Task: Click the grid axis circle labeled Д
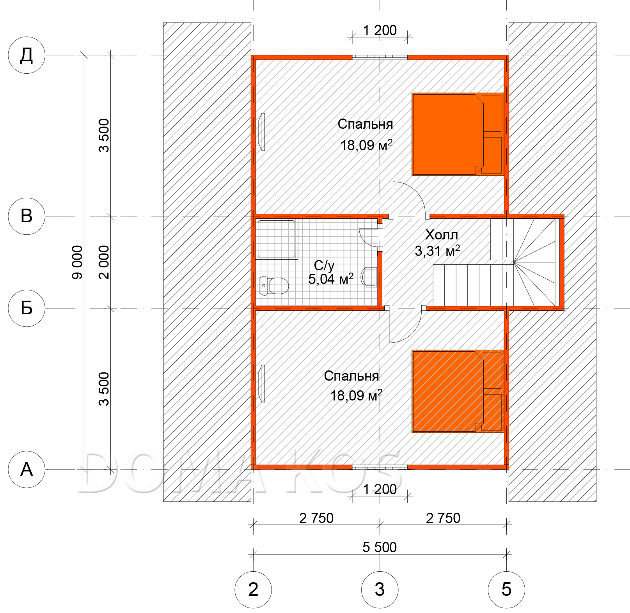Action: (x=27, y=55)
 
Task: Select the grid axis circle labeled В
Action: (x=27, y=216)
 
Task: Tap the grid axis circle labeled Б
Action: (x=27, y=308)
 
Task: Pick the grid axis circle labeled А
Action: (x=27, y=469)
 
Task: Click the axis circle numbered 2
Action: (x=253, y=589)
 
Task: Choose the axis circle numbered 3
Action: (x=380, y=589)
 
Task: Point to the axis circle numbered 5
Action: (x=506, y=589)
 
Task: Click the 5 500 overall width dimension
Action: (x=380, y=547)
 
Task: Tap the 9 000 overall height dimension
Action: (x=77, y=262)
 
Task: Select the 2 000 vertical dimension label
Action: (x=104, y=262)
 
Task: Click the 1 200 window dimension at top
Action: (x=380, y=30)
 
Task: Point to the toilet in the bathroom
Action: (x=274, y=285)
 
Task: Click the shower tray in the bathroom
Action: (x=277, y=239)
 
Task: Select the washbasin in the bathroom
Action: (x=369, y=277)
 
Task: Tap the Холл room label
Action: (x=442, y=234)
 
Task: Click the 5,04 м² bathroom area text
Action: (x=331, y=279)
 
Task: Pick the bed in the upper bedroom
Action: (x=458, y=134)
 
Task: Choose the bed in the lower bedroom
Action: (x=458, y=391)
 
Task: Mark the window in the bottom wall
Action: (x=380, y=467)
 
